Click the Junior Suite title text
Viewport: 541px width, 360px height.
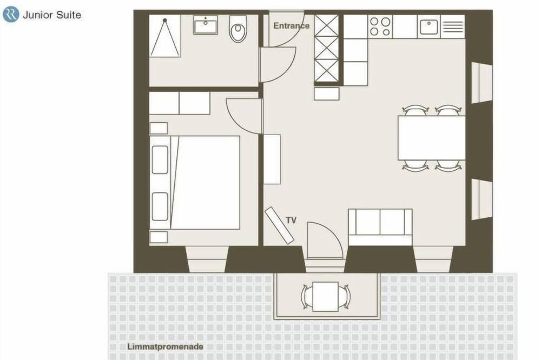click(52, 15)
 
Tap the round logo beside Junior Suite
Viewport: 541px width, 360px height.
click(11, 15)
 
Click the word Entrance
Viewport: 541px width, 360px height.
click(291, 25)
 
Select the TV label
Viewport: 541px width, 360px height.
click(291, 220)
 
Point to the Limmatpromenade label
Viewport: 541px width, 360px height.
click(165, 346)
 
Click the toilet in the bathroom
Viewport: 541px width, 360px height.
click(237, 29)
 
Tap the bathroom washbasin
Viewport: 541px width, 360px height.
click(206, 25)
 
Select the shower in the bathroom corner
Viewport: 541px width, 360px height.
click(165, 36)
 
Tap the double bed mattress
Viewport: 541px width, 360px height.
click(205, 182)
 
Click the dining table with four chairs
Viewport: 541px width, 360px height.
click(432, 138)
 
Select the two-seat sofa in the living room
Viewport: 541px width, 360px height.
click(380, 227)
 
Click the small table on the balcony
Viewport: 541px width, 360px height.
click(325, 297)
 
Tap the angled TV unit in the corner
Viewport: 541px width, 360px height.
click(280, 225)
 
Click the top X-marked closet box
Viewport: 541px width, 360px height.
click(326, 25)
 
